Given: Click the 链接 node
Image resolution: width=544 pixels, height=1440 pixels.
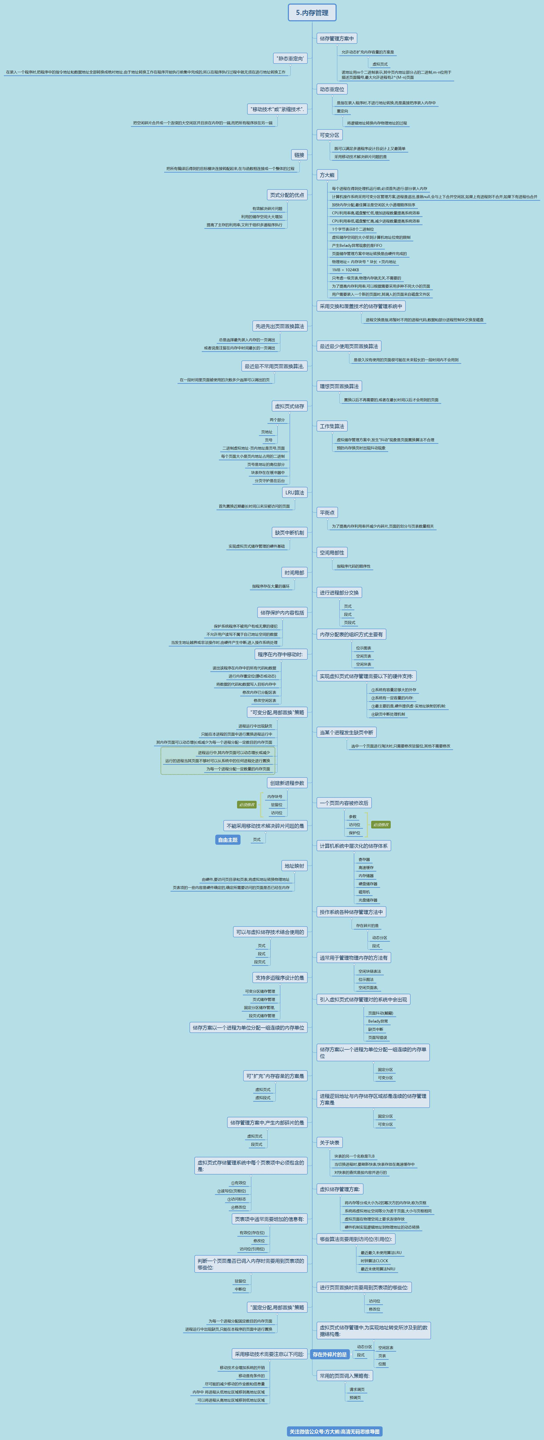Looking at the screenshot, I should [299, 155].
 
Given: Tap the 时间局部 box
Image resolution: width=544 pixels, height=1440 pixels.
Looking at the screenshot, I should [294, 572].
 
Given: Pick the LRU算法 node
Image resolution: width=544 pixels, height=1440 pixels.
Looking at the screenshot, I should [295, 492].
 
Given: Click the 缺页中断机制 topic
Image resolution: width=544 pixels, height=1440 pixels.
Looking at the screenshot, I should [290, 533].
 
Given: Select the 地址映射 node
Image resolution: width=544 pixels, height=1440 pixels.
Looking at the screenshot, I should [294, 866].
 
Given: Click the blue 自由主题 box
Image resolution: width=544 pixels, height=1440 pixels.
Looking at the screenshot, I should [228, 840].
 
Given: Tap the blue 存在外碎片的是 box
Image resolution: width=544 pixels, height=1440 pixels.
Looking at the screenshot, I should [329, 1354].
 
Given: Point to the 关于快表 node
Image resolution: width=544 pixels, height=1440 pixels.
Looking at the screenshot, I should [329, 1143].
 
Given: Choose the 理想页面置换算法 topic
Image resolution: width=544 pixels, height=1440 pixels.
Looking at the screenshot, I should [339, 386].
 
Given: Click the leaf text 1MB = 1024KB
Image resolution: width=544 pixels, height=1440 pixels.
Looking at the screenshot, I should [345, 270].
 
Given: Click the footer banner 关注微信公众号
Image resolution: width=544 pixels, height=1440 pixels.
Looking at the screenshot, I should [334, 1432].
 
